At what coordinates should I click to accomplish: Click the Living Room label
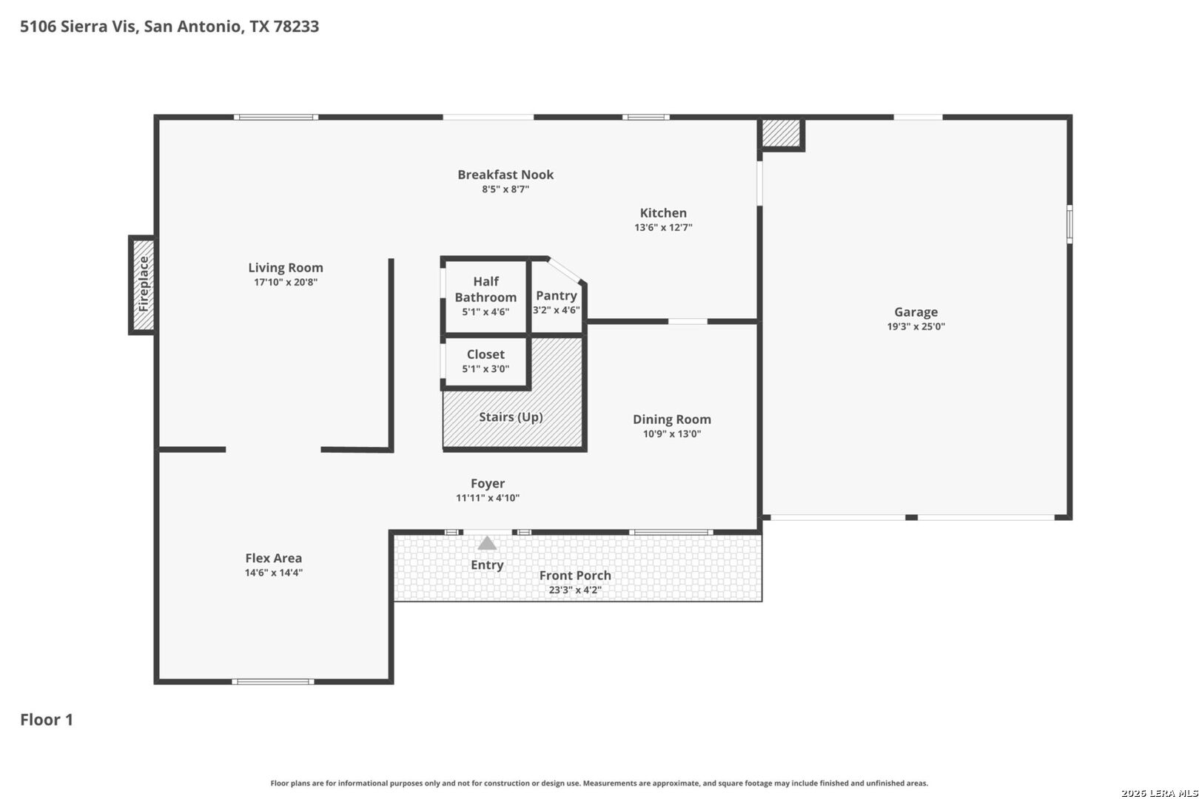(285, 268)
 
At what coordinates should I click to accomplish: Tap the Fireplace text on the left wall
(144, 284)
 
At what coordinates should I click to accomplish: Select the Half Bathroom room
(486, 297)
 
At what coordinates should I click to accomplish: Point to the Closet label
(486, 354)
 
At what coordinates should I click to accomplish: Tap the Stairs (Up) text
(511, 417)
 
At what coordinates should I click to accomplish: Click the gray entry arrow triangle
(487, 543)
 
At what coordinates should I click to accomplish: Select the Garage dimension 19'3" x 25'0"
(916, 326)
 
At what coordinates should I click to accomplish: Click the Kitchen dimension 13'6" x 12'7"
(663, 227)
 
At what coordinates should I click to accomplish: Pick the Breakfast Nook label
(506, 175)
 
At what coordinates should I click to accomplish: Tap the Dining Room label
(672, 419)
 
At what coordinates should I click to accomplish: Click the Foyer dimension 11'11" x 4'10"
(488, 498)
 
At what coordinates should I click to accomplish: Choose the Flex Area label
(274, 558)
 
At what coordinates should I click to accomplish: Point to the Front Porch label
(575, 576)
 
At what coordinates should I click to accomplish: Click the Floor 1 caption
(47, 720)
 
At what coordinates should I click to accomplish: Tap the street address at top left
(169, 26)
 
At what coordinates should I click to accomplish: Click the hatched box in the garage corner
(781, 133)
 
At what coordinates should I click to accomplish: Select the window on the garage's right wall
(1069, 224)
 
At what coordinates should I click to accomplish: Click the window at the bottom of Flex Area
(273, 682)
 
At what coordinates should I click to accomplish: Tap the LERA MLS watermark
(1159, 793)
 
